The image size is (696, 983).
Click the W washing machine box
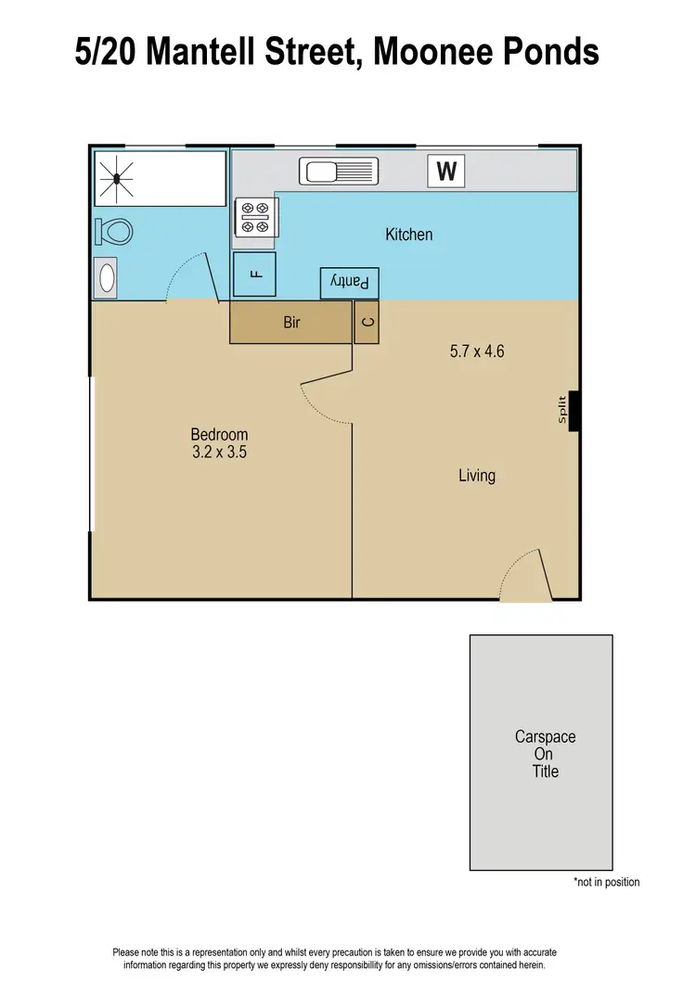[446, 172]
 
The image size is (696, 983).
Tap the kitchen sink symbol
[339, 172]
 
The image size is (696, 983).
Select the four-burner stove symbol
[255, 217]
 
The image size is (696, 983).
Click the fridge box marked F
[254, 274]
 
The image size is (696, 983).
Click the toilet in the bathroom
[112, 231]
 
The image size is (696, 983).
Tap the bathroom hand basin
[107, 277]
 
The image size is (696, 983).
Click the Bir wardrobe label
[291, 324]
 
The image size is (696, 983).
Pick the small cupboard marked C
[367, 323]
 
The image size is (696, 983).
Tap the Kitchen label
[409, 235]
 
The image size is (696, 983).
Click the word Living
[477, 476]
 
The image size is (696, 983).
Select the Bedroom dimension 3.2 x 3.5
[219, 453]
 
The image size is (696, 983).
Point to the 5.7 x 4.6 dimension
[476, 351]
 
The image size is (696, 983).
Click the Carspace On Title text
[545, 753]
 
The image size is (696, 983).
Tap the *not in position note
[606, 882]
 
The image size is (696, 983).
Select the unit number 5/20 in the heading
[110, 52]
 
